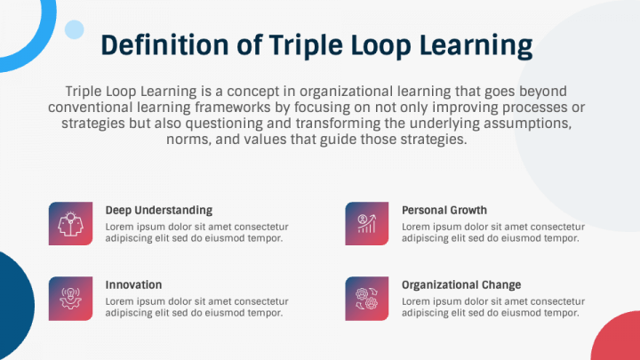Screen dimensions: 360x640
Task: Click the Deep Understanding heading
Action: (x=158, y=211)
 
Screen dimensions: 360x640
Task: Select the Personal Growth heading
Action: (x=444, y=211)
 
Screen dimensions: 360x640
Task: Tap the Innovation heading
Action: (x=133, y=285)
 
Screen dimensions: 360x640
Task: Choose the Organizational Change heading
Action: (x=461, y=285)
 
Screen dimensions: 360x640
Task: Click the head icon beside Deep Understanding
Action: (x=70, y=223)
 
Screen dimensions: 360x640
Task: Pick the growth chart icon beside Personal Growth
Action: (x=367, y=223)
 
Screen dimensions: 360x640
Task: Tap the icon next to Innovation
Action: (x=70, y=298)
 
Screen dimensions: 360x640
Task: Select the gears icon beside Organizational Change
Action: (x=367, y=298)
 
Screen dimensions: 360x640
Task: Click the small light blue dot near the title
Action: (x=75, y=29)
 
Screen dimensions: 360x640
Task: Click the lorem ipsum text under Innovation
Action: (x=196, y=307)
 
